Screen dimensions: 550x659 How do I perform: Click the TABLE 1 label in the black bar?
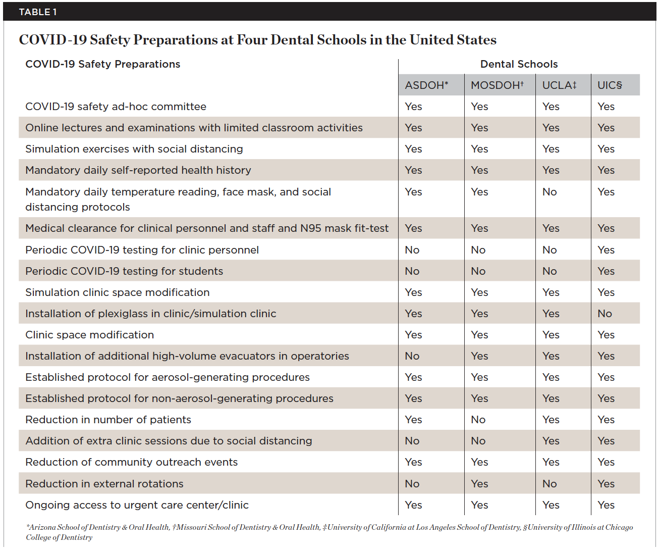pyautogui.click(x=38, y=12)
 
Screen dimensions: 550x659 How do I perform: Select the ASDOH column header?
pyautogui.click(x=426, y=85)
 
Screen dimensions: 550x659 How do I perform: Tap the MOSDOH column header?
pyautogui.click(x=497, y=85)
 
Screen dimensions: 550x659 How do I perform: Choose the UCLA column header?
pyautogui.click(x=559, y=85)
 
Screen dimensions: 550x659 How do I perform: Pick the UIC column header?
pyautogui.click(x=610, y=85)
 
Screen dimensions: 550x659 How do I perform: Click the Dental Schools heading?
pyautogui.click(x=519, y=64)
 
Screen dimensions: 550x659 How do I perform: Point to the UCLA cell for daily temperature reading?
pyautogui.click(x=550, y=192)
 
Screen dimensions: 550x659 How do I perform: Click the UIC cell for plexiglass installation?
pyautogui.click(x=605, y=314)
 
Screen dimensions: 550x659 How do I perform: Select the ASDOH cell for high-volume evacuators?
pyautogui.click(x=412, y=356)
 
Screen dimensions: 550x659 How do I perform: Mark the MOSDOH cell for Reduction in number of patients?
pyautogui.click(x=478, y=420)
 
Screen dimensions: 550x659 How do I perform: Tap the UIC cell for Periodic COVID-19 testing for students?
pyautogui.click(x=606, y=271)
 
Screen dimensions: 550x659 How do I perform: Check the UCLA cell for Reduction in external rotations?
pyautogui.click(x=550, y=484)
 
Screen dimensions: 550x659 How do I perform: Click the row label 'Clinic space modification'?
pyautogui.click(x=89, y=335)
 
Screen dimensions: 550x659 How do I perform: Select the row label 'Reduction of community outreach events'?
pyautogui.click(x=131, y=462)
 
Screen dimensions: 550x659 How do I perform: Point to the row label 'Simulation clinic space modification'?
pyautogui.click(x=117, y=292)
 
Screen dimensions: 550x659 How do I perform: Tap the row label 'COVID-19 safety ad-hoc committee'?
pyautogui.click(x=116, y=107)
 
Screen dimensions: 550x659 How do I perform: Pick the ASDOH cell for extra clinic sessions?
pyautogui.click(x=412, y=441)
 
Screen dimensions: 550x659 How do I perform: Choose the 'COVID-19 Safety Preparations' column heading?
pyautogui.click(x=102, y=64)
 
